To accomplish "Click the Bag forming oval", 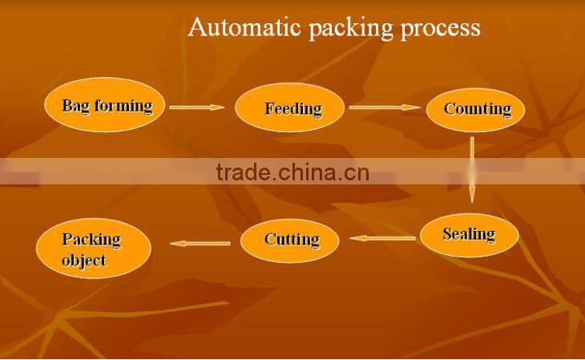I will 107,106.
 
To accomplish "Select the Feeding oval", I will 292,108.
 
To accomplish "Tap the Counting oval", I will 477,109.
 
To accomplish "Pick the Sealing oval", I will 469,234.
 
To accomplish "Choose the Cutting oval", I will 292,239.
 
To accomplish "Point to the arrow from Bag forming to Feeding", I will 197,107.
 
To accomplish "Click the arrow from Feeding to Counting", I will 385,107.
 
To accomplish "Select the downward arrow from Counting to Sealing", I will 472,168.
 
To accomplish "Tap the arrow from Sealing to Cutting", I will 383,238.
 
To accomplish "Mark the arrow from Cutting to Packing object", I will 200,243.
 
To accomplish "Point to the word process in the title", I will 442,30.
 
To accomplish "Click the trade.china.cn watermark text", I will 292,172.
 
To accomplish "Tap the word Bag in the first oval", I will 77,105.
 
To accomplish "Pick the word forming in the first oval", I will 123,106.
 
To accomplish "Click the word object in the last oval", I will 83,261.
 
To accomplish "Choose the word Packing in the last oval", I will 91,239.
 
